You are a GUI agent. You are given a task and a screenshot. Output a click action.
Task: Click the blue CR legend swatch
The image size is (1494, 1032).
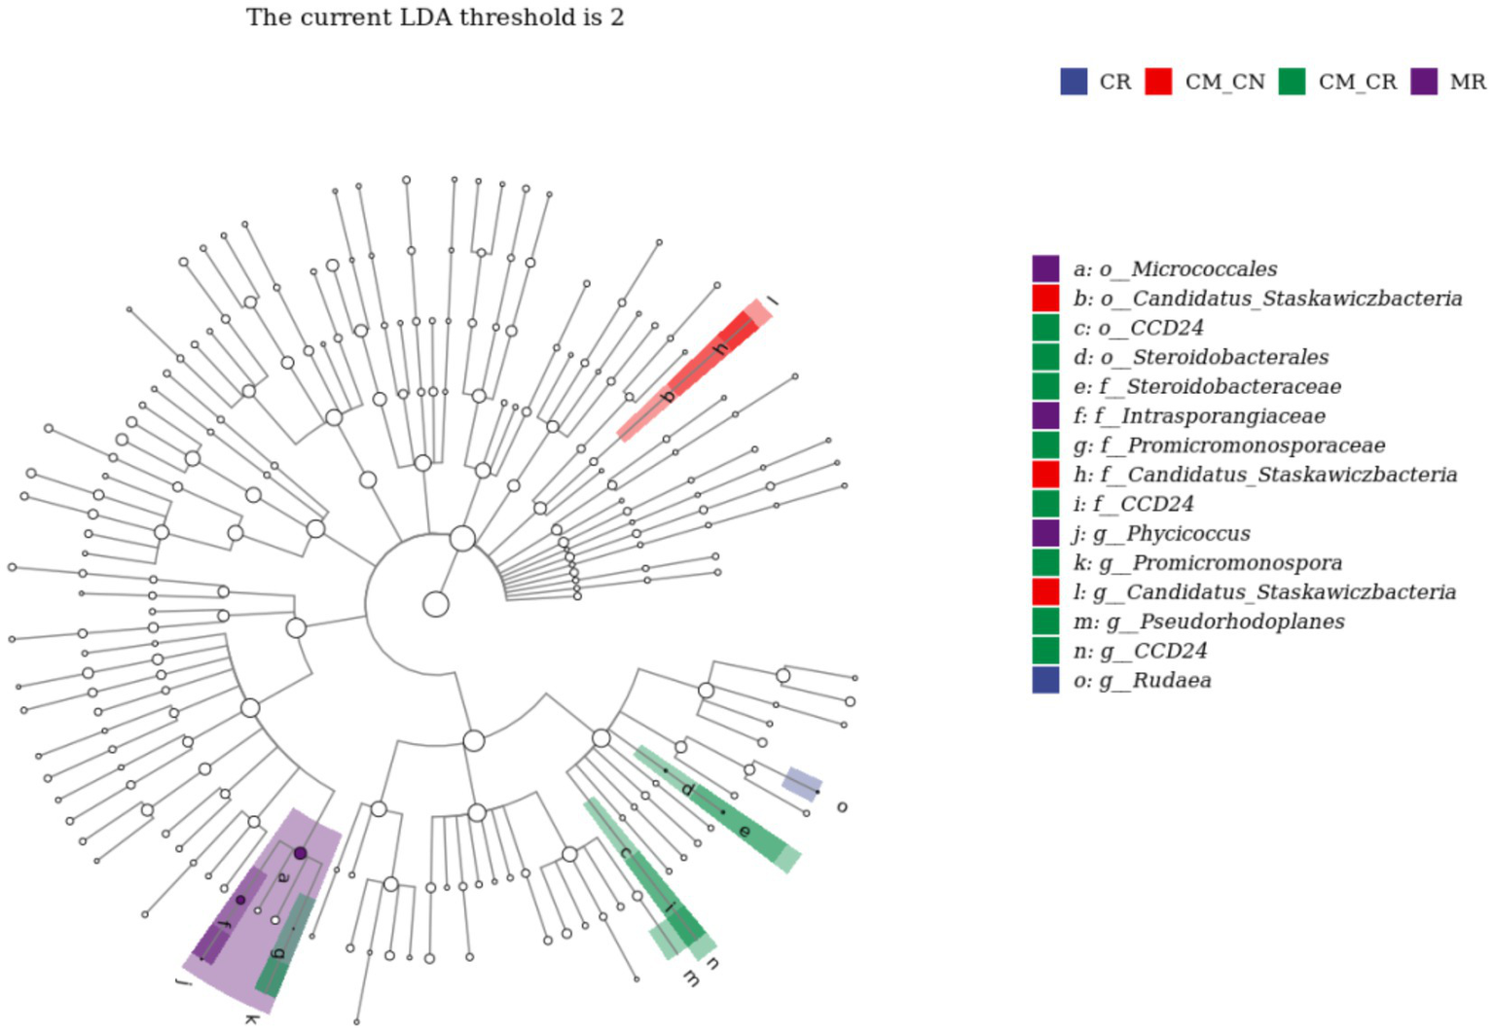(x=1074, y=82)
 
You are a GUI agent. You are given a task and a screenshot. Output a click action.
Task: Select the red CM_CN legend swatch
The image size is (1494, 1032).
(x=1158, y=82)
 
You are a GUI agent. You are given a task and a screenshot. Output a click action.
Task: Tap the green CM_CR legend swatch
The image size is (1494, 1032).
(x=1292, y=82)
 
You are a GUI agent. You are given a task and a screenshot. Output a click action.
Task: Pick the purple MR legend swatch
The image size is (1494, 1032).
(x=1424, y=82)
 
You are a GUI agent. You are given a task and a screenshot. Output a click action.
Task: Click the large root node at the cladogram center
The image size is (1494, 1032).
(x=436, y=605)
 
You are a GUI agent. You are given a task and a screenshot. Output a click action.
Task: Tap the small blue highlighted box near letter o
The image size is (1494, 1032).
(x=803, y=784)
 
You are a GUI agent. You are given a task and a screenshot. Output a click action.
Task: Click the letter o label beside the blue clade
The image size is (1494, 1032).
(x=842, y=807)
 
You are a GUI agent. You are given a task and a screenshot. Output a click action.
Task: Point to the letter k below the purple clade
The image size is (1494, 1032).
(x=251, y=1018)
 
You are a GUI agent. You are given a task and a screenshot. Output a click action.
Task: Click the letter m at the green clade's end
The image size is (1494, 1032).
(x=690, y=979)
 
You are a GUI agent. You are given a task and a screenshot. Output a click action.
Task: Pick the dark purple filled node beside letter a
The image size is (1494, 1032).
(x=301, y=853)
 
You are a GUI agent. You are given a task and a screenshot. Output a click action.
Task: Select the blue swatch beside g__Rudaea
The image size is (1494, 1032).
(x=1045, y=680)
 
